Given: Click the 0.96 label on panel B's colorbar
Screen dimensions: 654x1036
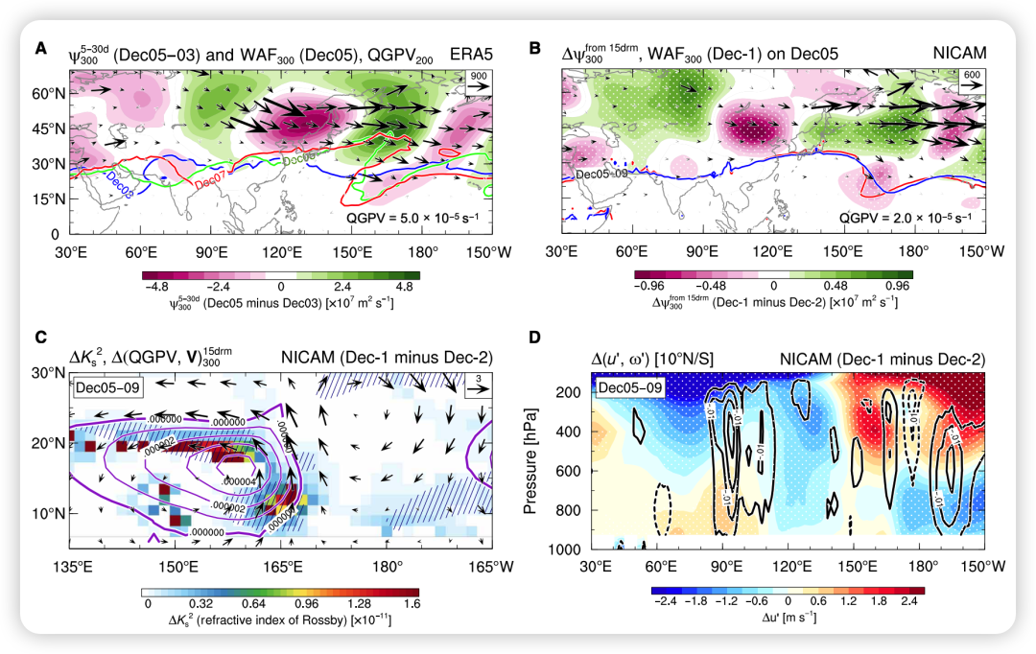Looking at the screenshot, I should (x=897, y=286).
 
